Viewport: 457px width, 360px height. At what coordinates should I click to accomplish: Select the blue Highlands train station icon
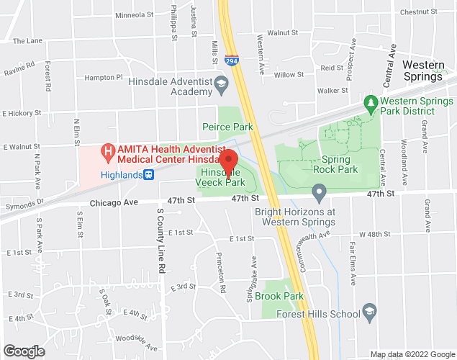point(148,174)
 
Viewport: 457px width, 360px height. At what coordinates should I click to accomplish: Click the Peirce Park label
point(228,127)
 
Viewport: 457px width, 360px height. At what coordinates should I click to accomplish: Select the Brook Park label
point(284,296)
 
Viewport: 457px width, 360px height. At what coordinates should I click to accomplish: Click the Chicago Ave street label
point(113,204)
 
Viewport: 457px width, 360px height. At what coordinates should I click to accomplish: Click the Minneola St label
point(130,14)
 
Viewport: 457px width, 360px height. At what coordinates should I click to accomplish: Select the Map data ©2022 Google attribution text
point(412,354)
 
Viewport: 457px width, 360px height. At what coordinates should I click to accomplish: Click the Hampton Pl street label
point(104,77)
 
